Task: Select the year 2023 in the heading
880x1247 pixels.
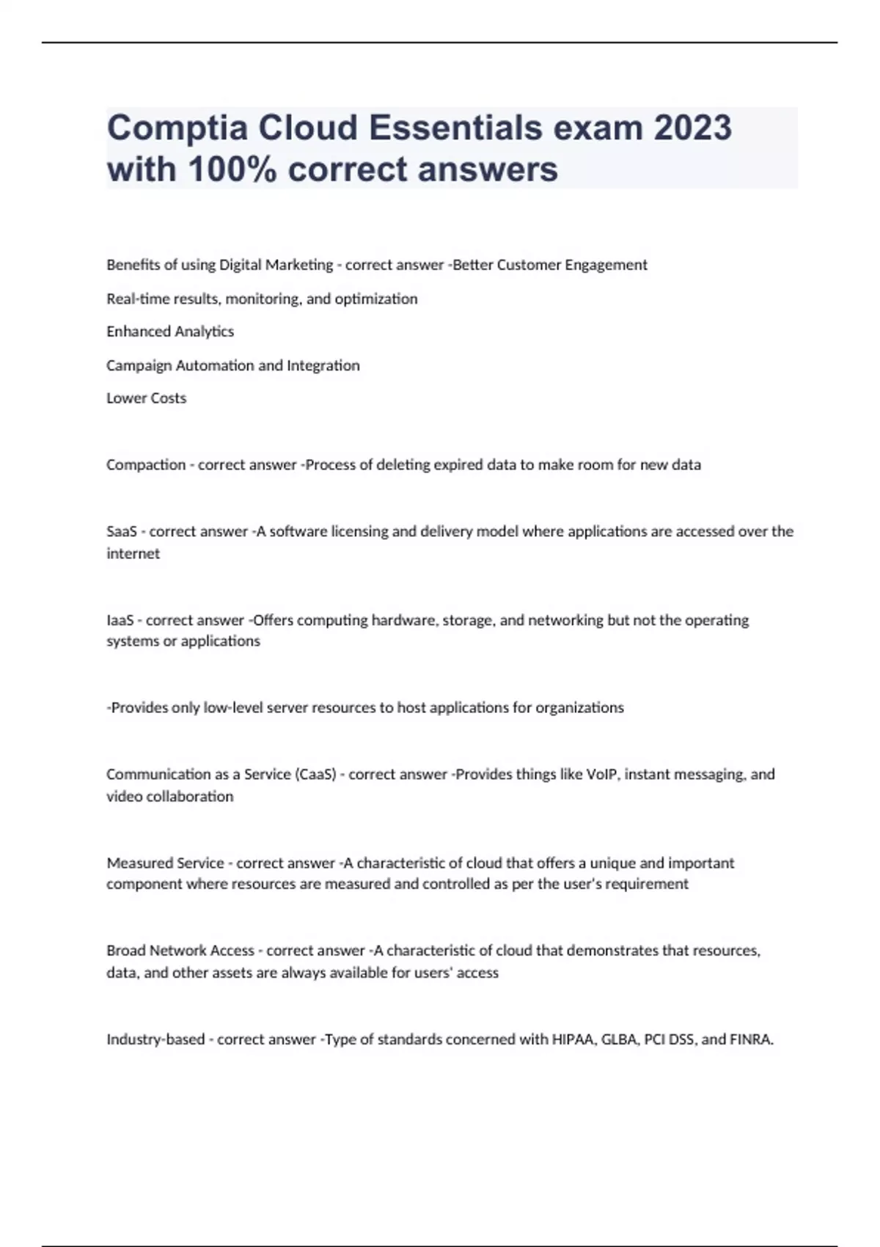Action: tap(692, 128)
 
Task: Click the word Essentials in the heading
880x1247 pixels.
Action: tap(455, 128)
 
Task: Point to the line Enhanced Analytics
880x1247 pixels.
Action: tap(170, 332)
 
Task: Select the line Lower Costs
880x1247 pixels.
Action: tap(147, 398)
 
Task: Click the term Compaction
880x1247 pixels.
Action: tap(146, 465)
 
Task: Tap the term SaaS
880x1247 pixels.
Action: tap(122, 531)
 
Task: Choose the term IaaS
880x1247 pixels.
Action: tap(120, 621)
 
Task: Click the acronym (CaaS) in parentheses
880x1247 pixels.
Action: tap(315, 775)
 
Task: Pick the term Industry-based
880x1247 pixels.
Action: tap(155, 1039)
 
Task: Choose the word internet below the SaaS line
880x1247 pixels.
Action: tap(133, 554)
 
